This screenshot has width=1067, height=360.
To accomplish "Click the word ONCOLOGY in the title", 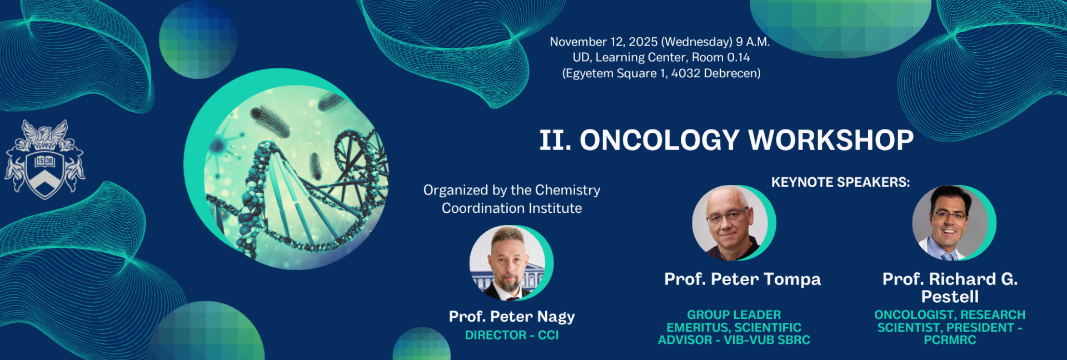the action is (x=660, y=140).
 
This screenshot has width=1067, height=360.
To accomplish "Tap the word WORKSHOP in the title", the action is (x=831, y=140).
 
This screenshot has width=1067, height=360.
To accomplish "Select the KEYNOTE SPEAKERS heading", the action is (x=840, y=182).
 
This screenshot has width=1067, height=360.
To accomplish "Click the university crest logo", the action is (x=44, y=159).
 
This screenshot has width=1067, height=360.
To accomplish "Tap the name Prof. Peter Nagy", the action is (x=512, y=317).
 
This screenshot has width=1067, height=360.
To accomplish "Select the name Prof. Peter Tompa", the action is (x=742, y=279).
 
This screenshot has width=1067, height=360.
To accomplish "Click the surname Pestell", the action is (x=950, y=297).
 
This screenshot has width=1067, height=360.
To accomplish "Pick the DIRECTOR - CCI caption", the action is (x=512, y=335).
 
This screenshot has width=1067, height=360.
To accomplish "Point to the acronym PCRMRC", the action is (x=950, y=340).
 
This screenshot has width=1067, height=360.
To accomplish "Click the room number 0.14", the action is (x=739, y=57).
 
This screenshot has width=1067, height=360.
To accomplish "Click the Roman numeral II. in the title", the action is (x=555, y=140).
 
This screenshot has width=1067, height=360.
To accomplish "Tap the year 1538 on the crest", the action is (x=44, y=161).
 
